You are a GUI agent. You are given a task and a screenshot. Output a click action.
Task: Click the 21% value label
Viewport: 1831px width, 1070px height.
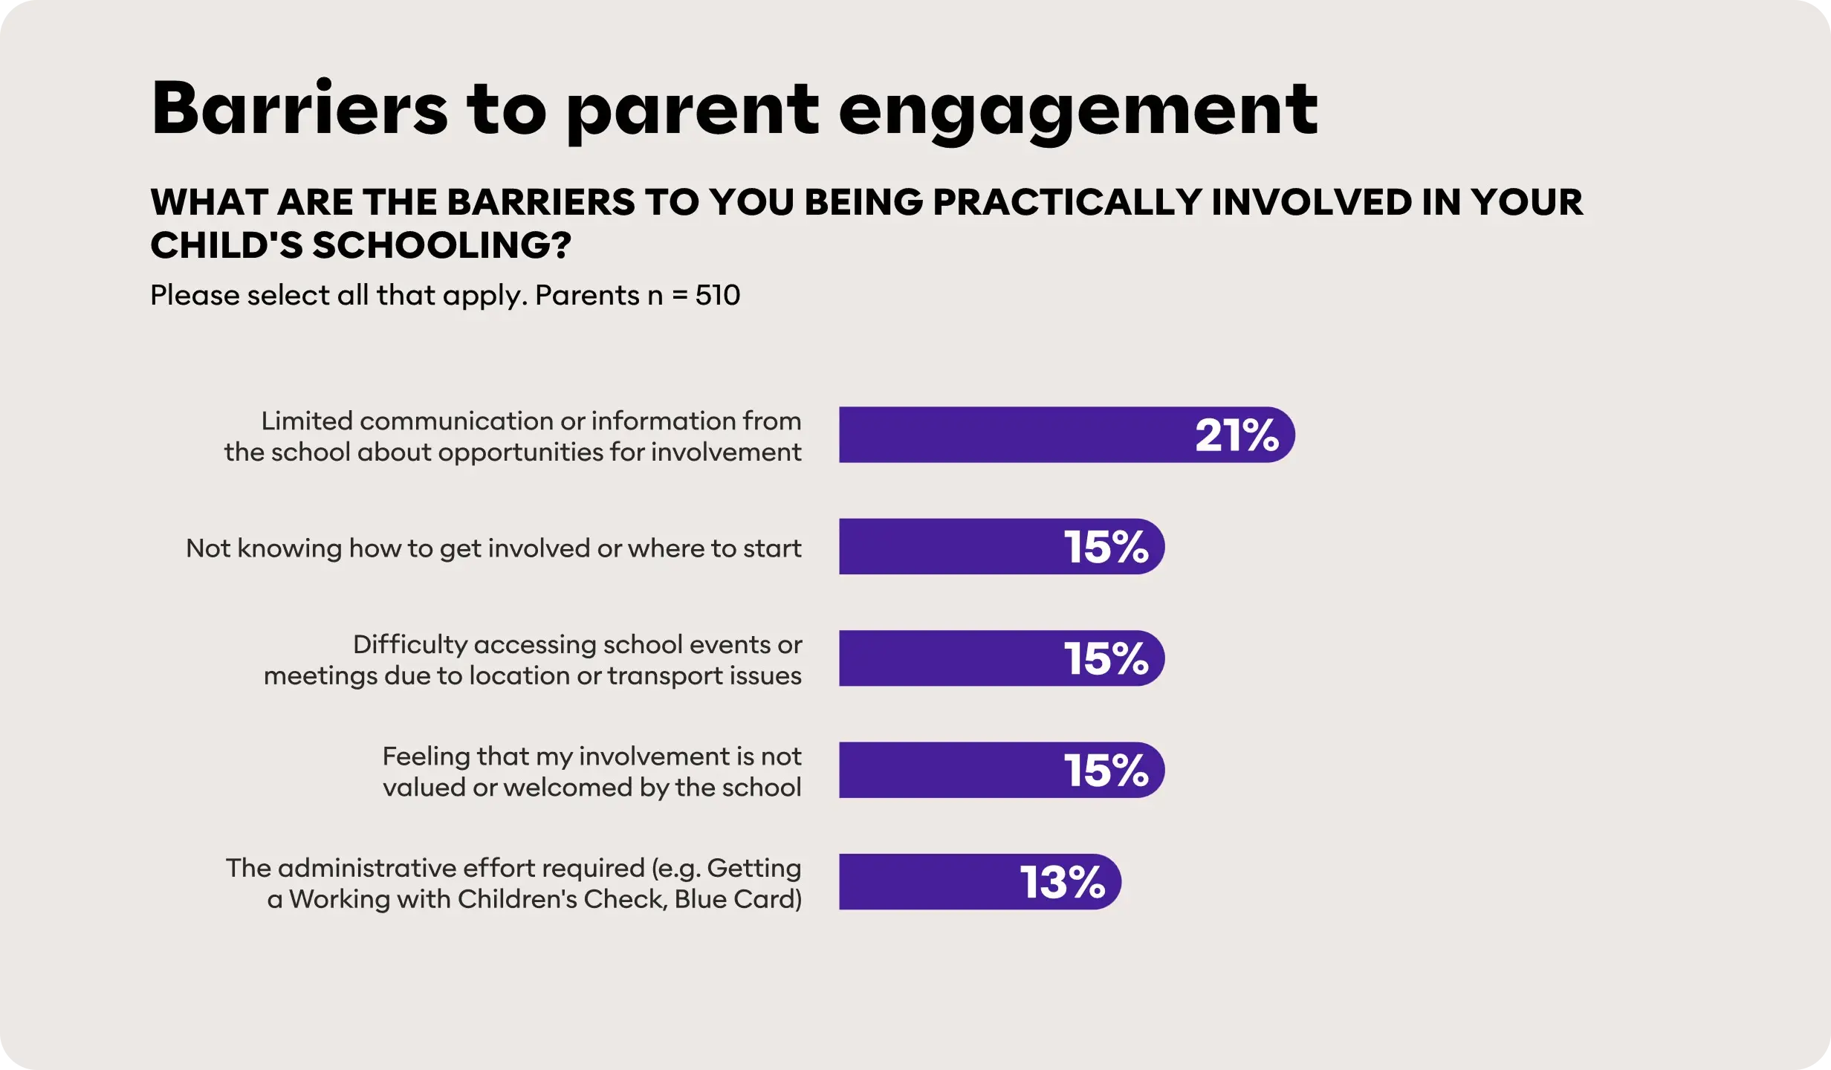coord(1237,435)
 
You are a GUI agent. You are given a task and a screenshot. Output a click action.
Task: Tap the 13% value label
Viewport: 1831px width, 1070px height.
coord(1062,882)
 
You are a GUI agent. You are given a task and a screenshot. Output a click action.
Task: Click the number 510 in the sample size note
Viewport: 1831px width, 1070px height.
coord(717,295)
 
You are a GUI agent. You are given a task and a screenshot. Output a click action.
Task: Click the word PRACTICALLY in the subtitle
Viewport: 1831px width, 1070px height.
coord(1066,202)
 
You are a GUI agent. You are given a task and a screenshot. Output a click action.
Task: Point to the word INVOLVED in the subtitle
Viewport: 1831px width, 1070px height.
coord(1312,202)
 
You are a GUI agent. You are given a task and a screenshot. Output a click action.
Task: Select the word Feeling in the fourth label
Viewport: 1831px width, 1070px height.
coord(426,756)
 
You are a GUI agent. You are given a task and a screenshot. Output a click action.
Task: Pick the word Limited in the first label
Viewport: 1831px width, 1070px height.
coord(307,421)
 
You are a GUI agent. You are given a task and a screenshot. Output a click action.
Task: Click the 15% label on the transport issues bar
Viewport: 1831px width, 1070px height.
coord(1106,658)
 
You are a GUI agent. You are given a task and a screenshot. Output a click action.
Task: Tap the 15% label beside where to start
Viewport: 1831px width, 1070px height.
coord(1106,547)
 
